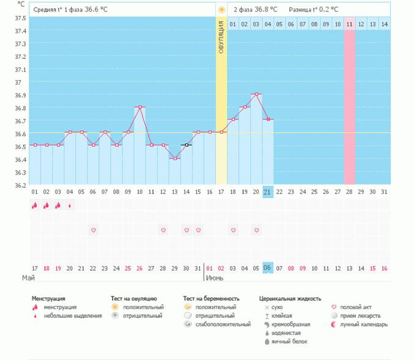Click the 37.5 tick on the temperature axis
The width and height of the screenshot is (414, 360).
(x=21, y=18)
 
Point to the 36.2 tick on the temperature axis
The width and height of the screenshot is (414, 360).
(x=21, y=185)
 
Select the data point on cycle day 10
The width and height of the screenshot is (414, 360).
(x=140, y=107)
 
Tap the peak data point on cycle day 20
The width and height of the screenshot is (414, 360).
(x=256, y=94)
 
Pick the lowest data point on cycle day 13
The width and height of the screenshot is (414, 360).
(x=175, y=158)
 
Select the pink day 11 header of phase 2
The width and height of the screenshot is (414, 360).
(x=349, y=24)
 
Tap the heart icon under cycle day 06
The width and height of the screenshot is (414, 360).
(x=94, y=230)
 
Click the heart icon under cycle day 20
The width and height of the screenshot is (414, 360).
(x=256, y=230)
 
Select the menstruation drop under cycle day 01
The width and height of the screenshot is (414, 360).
(x=35, y=206)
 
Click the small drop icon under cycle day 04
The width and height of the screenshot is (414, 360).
(x=70, y=206)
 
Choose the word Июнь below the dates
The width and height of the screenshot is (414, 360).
(x=214, y=277)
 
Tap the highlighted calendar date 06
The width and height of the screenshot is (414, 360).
(x=267, y=268)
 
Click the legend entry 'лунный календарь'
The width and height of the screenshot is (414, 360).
(x=365, y=325)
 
